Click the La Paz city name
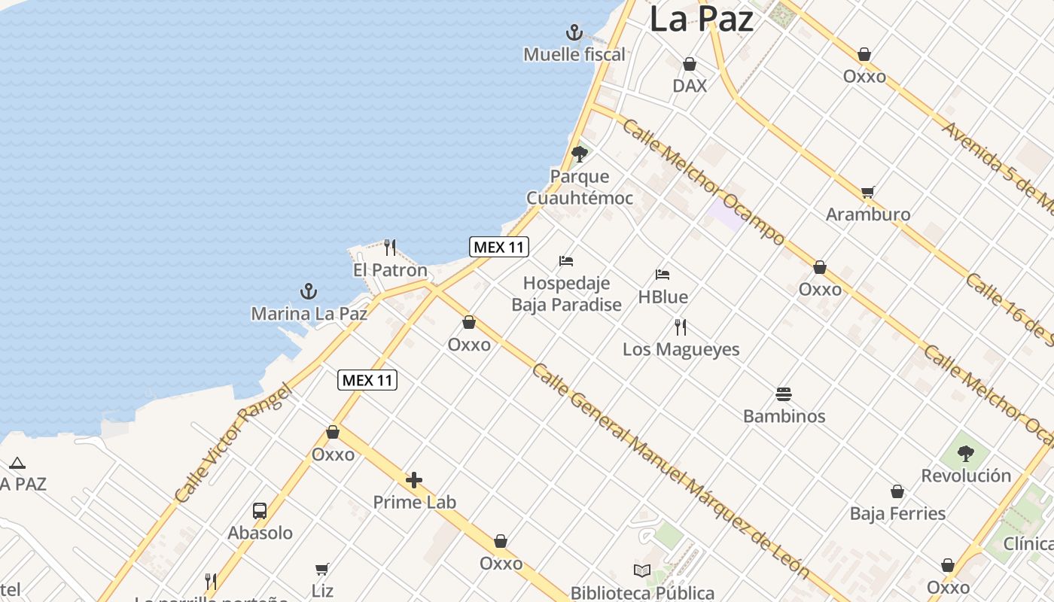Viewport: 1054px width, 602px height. pyautogui.click(x=701, y=19)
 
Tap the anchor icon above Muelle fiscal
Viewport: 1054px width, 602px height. pyautogui.click(x=574, y=32)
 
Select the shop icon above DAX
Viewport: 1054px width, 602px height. pyautogui.click(x=690, y=64)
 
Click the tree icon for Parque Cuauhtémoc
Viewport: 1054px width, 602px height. pyautogui.click(x=580, y=154)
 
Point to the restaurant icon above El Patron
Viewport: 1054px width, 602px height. pyautogui.click(x=390, y=247)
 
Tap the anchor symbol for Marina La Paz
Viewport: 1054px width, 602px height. pyautogui.click(x=308, y=291)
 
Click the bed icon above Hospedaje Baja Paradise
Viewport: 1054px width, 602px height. pyautogui.click(x=566, y=261)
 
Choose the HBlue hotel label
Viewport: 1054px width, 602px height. pyautogui.click(x=663, y=296)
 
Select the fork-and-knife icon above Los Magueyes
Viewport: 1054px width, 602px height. pyautogui.click(x=681, y=327)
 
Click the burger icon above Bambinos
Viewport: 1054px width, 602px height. pyautogui.click(x=784, y=394)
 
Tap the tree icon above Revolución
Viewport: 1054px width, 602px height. pyautogui.click(x=966, y=454)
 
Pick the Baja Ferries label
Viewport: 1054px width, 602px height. pyautogui.click(x=897, y=513)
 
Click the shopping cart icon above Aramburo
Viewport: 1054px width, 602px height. pyautogui.click(x=868, y=192)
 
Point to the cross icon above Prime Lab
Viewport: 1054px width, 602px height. pyautogui.click(x=414, y=480)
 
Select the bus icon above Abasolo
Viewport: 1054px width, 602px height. pyautogui.click(x=260, y=510)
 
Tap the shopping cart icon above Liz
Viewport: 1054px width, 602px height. pyautogui.click(x=322, y=569)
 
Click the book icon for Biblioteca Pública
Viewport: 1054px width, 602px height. pyautogui.click(x=641, y=570)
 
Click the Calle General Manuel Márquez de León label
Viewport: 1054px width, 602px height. pyautogui.click(x=670, y=470)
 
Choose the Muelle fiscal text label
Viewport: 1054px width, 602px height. pyautogui.click(x=574, y=54)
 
